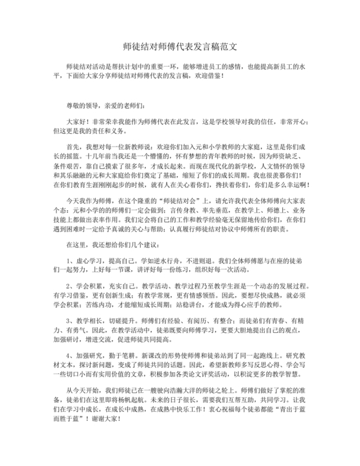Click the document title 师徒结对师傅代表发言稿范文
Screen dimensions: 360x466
179,48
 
